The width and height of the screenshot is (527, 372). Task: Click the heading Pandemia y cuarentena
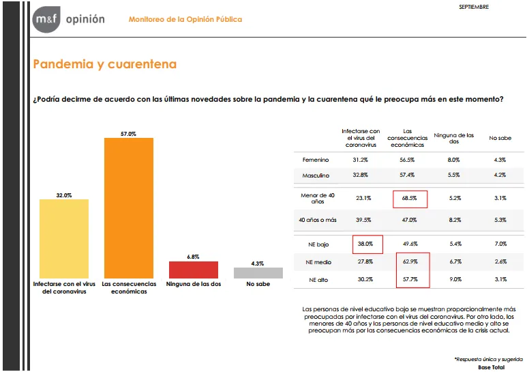[104, 64]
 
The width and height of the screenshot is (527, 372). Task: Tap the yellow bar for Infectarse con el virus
[64, 238]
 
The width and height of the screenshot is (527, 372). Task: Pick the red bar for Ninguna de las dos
[193, 270]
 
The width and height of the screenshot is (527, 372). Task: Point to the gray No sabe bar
[258, 273]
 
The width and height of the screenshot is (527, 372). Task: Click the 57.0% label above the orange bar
[128, 134]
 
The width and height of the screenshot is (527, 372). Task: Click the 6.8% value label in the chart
[193, 257]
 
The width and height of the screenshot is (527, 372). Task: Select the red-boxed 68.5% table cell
[410, 199]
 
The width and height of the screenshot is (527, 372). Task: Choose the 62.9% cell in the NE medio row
[410, 261]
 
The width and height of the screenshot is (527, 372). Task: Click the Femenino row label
[315, 160]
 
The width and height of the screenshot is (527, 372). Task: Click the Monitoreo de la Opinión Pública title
[185, 19]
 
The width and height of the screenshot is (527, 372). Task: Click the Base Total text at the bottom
[491, 367]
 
